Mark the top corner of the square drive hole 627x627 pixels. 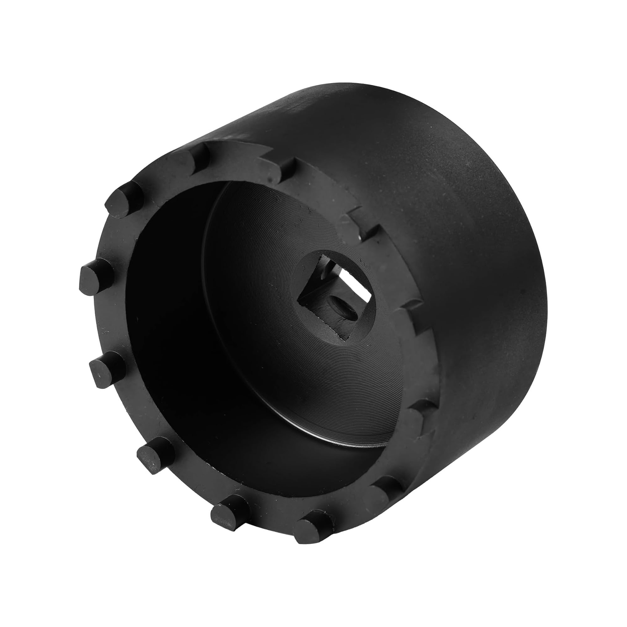click(322, 255)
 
